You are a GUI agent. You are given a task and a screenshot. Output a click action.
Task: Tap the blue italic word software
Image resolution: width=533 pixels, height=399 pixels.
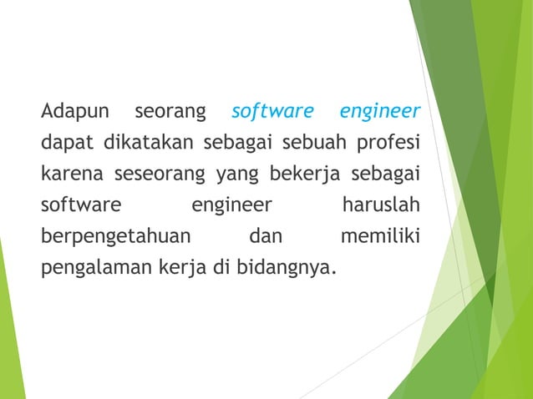pos(272,110)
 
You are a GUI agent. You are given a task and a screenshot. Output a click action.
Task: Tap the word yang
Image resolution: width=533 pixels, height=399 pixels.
pos(236,174)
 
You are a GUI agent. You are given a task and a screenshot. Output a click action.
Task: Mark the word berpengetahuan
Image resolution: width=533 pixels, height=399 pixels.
pos(117,237)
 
